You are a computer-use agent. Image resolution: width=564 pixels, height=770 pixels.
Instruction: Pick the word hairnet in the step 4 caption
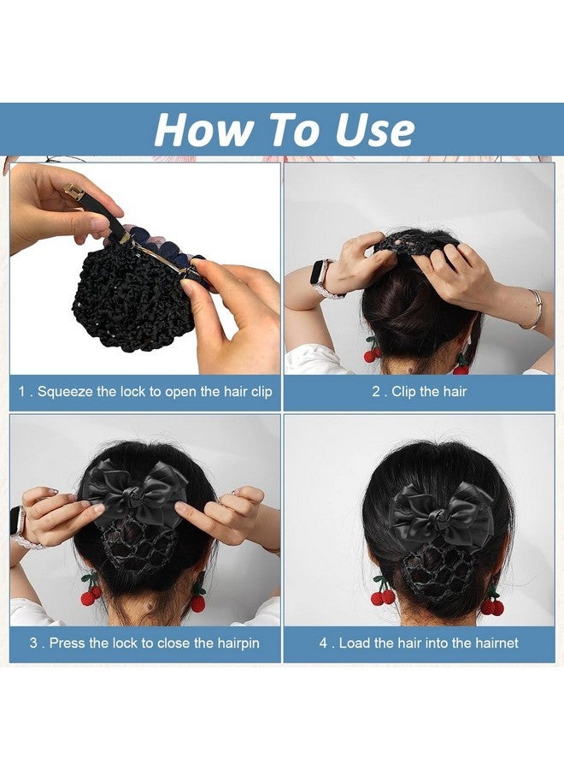(490, 643)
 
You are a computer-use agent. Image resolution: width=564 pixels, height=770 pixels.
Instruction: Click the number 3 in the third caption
(33, 643)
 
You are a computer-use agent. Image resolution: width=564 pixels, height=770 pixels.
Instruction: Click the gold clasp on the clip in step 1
(74, 193)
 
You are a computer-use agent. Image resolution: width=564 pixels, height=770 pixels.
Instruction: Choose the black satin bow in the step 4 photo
(442, 513)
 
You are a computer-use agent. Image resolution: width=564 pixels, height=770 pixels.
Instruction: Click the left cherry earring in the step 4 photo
(382, 593)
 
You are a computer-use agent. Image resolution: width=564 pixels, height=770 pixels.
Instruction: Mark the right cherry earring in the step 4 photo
(492, 603)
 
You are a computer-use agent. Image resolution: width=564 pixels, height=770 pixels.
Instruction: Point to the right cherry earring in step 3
(197, 599)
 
